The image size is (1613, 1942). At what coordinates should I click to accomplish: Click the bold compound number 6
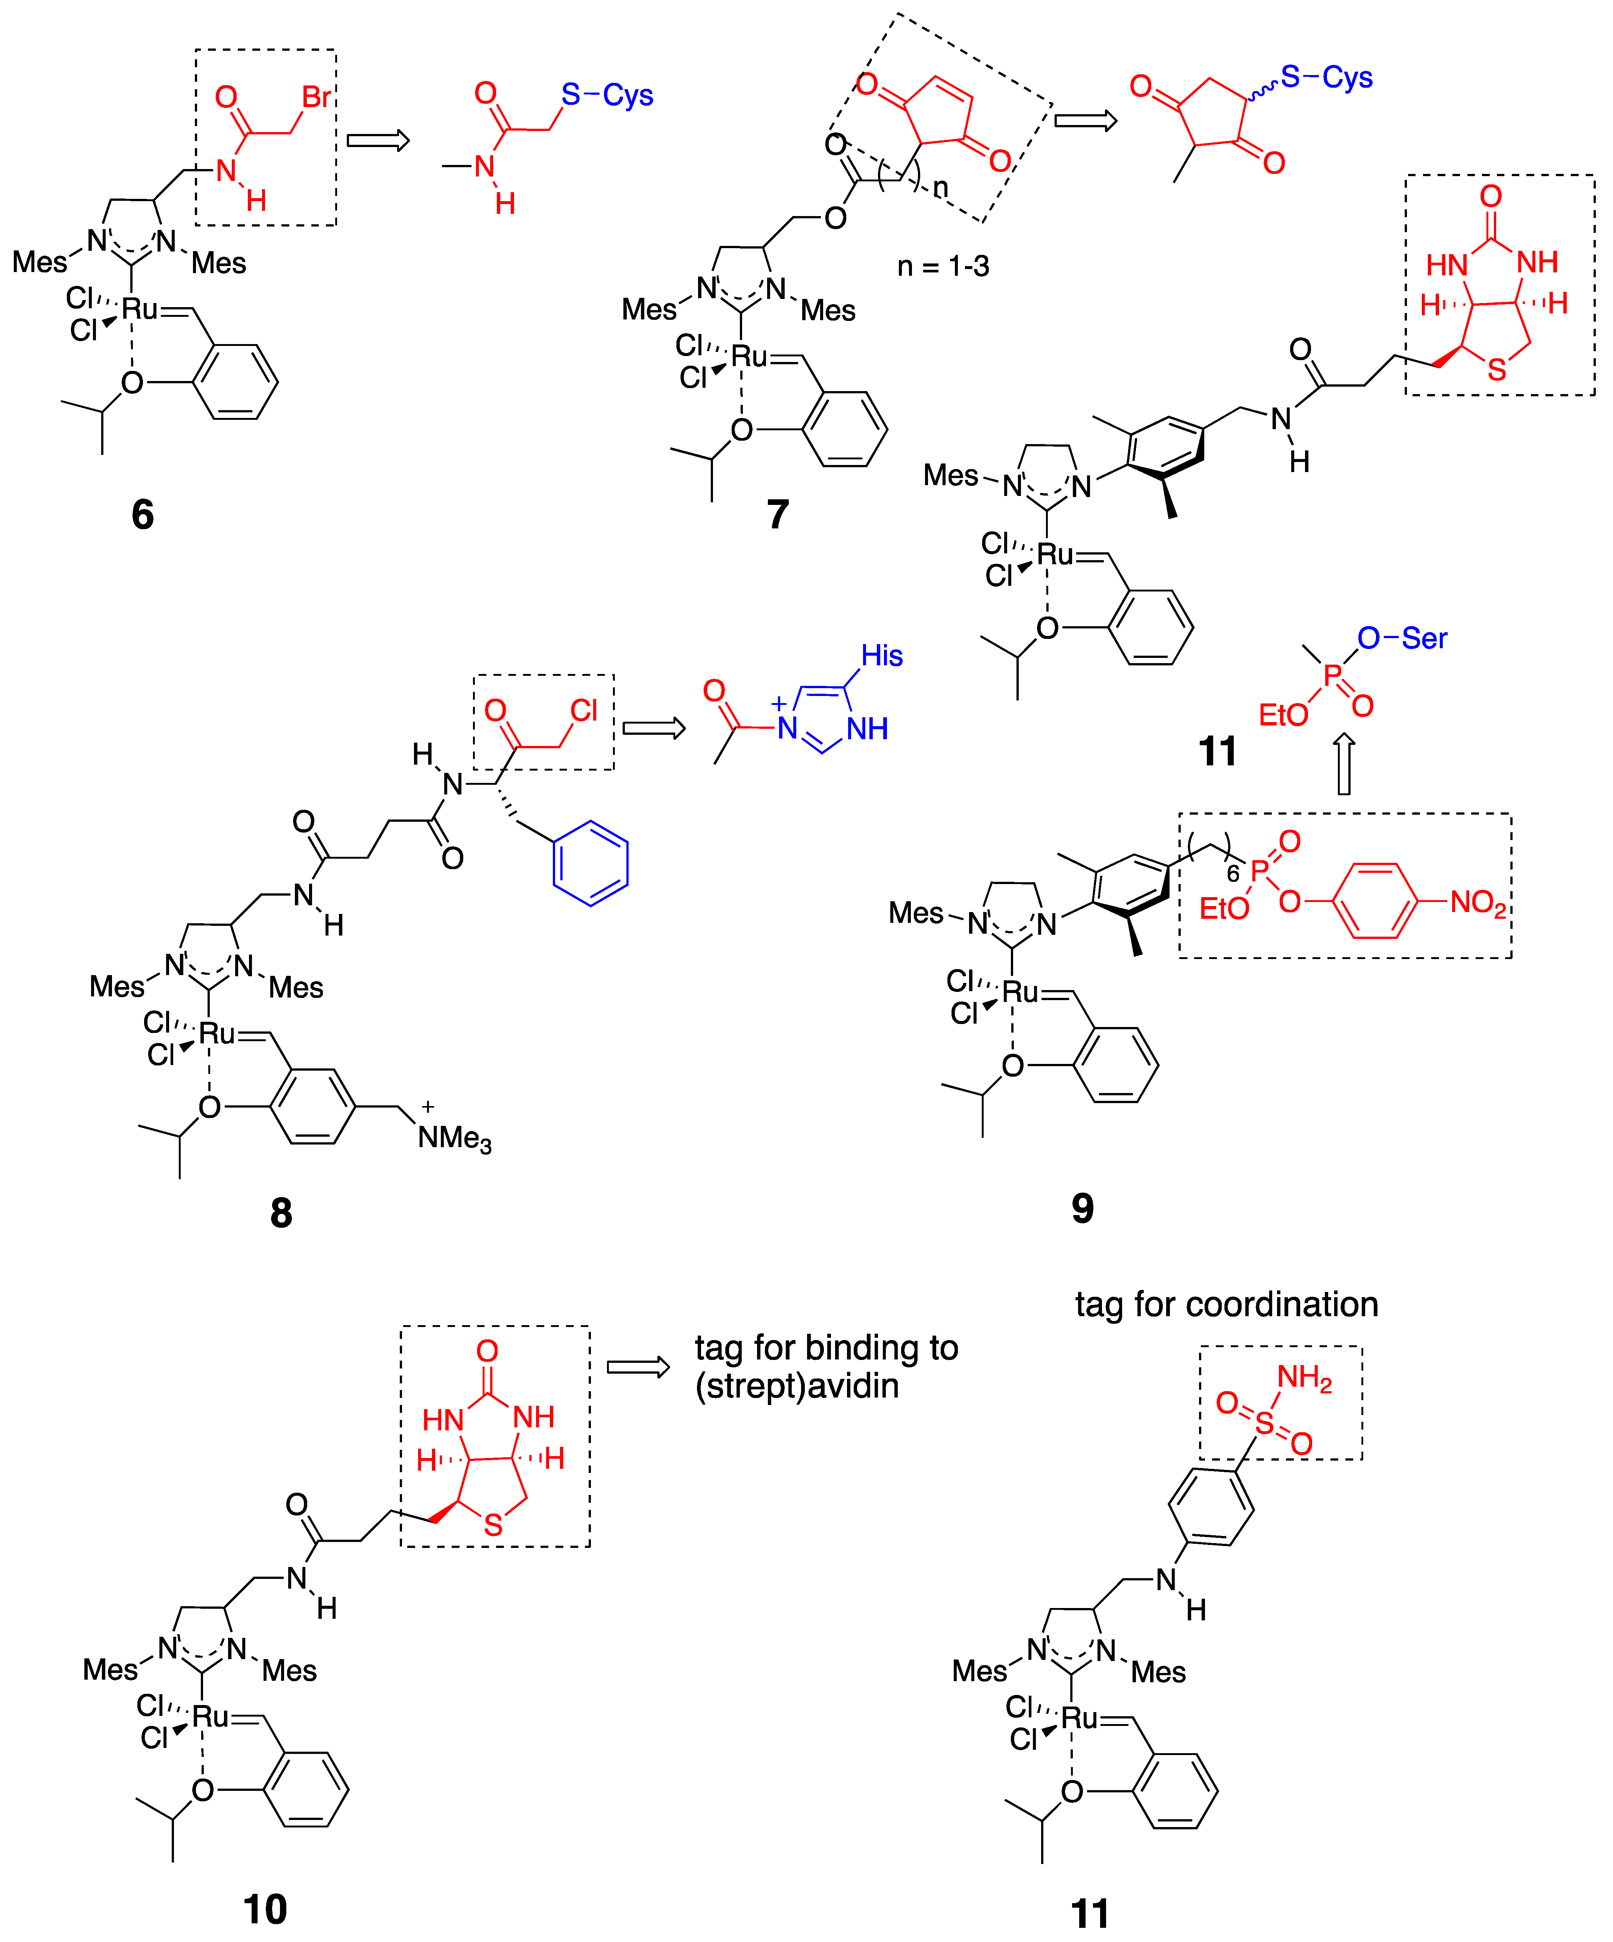pos(143,514)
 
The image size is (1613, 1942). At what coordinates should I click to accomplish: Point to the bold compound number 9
pos(1082,1208)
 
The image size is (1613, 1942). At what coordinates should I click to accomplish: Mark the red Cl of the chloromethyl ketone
pos(583,710)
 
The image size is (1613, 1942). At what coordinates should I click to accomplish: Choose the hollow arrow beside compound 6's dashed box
pos(377,140)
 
